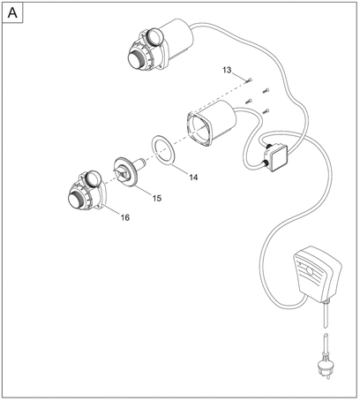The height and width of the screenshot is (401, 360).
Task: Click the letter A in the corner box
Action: click(12, 12)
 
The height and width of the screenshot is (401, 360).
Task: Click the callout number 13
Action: click(227, 70)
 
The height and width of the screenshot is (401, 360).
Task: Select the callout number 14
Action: click(193, 178)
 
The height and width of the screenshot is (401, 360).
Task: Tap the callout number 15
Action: click(157, 198)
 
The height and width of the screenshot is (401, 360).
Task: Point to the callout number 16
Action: click(124, 217)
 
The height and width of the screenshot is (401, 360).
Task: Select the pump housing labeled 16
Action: click(86, 192)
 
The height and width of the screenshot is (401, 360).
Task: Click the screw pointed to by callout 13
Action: click(249, 79)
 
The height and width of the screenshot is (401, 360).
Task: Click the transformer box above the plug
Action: click(317, 275)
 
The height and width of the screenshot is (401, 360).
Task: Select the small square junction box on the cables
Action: click(275, 157)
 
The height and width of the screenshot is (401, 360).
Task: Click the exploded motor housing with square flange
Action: click(211, 123)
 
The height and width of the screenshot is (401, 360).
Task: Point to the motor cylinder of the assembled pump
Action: click(178, 38)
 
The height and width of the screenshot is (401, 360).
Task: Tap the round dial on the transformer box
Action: click(309, 270)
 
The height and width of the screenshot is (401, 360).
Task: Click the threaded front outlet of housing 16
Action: click(77, 200)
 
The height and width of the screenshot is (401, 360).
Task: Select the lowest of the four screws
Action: click(266, 111)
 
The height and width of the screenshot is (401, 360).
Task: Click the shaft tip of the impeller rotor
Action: click(144, 162)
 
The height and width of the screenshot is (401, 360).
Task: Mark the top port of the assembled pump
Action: click(155, 36)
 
